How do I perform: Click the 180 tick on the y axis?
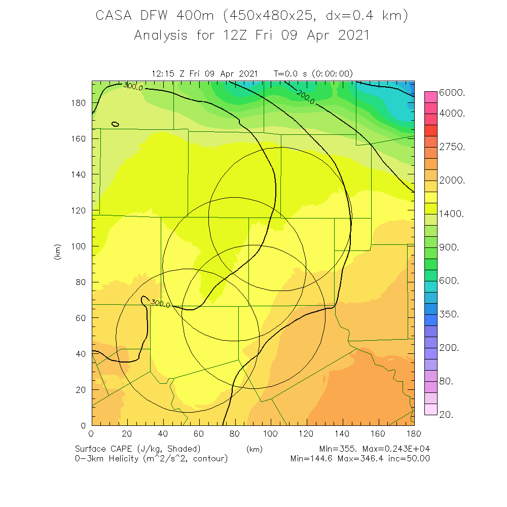(x=80, y=103)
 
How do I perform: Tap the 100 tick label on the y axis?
(x=80, y=246)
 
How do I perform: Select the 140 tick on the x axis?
(x=343, y=433)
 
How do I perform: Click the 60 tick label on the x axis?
(x=199, y=433)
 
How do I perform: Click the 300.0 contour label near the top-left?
(x=133, y=87)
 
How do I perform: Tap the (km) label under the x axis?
(x=254, y=449)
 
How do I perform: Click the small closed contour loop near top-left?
(x=115, y=124)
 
